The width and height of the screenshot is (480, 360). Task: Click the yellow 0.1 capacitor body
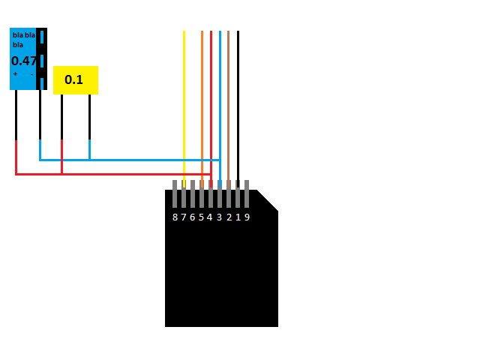76,80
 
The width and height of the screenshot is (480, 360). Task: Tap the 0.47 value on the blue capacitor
24,61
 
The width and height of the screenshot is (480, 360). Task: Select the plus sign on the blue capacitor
15,73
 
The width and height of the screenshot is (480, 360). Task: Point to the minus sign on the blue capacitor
31,74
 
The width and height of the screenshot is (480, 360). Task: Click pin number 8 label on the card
175,217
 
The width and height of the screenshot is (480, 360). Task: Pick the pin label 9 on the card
247,217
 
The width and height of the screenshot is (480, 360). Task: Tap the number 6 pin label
193,217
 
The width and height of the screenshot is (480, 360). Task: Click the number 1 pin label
238,217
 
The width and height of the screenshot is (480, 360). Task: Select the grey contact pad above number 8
175,193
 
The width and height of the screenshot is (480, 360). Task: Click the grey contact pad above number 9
247,193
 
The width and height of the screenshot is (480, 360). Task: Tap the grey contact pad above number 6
193,193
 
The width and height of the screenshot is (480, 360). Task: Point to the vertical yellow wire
184,109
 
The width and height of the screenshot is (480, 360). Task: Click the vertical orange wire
202,109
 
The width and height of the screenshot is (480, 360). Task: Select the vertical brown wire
228,109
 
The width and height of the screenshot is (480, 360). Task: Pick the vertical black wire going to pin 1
238,109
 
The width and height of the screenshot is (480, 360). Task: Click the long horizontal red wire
113,174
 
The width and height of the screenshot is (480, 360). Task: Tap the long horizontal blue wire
130,160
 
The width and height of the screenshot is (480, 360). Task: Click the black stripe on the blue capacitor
42,58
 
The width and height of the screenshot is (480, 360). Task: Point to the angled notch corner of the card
268,200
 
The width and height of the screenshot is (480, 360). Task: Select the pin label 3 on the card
220,217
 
